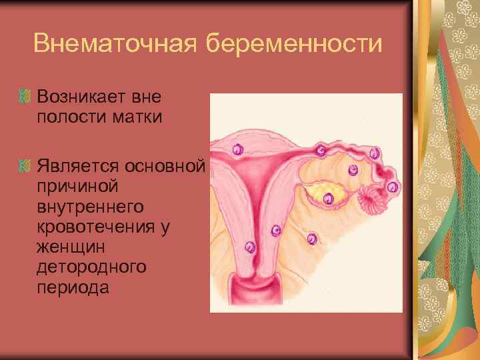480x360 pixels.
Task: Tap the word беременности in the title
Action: tap(295, 44)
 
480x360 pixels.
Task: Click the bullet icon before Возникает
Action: tap(26, 98)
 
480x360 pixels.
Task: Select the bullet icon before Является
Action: tap(26, 164)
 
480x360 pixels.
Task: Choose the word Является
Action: tap(80, 165)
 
